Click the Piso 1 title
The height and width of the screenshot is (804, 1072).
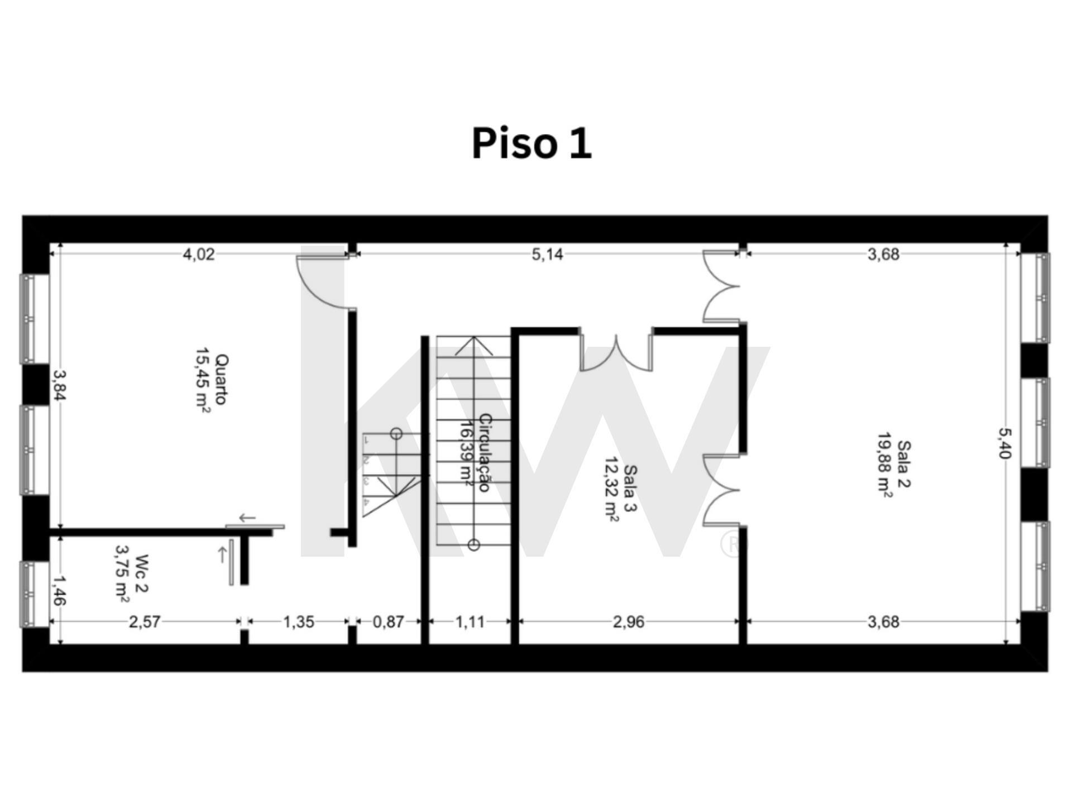532,143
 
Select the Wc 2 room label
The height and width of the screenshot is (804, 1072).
142,573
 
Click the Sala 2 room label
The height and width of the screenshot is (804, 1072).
903,464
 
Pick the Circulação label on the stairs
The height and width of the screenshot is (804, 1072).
485,453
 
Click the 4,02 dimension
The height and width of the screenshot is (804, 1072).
199,255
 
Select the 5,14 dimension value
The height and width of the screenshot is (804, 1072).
547,255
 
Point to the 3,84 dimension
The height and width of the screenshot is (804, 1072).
59,385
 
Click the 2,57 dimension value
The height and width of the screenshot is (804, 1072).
145,622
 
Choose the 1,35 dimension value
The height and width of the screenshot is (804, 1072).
299,622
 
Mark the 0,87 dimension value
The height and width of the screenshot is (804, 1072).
388,622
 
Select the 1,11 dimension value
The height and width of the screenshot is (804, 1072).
470,622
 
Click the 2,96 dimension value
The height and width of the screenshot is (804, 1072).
629,622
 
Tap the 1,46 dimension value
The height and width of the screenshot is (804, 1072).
59,591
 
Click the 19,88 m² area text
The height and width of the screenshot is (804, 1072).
885,464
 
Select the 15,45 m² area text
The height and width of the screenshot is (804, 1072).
203,380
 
